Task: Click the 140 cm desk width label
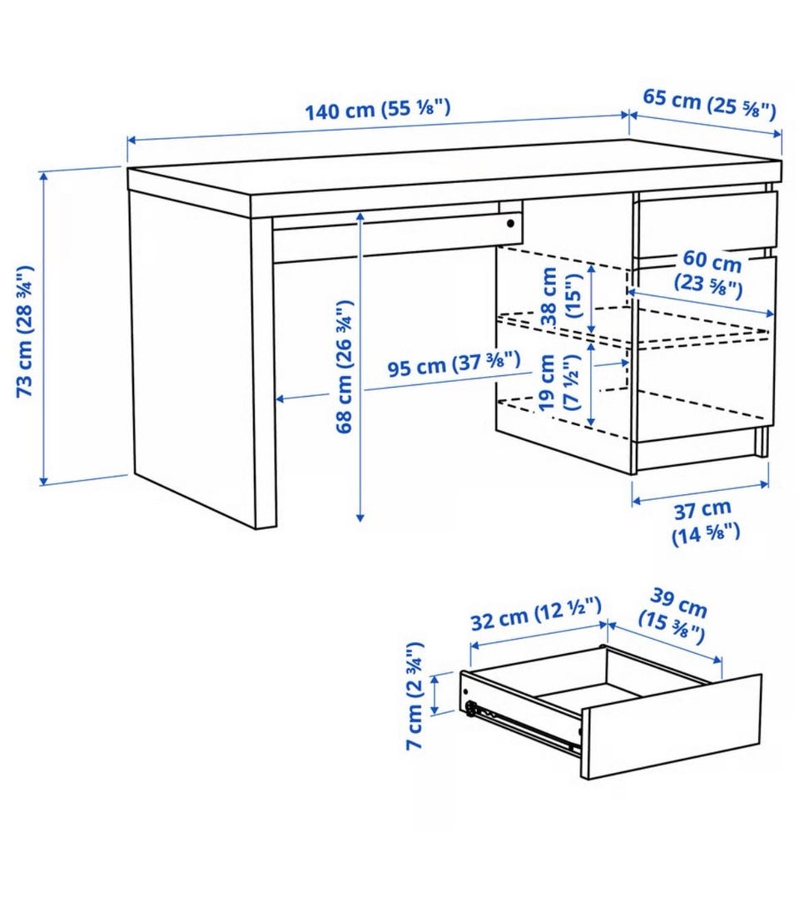coord(378,109)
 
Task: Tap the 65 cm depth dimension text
coord(710,103)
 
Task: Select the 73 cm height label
coord(25,331)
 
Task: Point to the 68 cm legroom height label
coord(344,366)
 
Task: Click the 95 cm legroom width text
coord(454,364)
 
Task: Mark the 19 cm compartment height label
coord(558,383)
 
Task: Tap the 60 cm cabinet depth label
coord(710,273)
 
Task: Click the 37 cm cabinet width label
coord(705,521)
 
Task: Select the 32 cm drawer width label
coord(536,615)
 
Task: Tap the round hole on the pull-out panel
coord(511,223)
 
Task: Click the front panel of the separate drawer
coord(672,726)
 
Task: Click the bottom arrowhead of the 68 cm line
coord(360,516)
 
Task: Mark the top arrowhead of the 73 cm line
coord(43,177)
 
